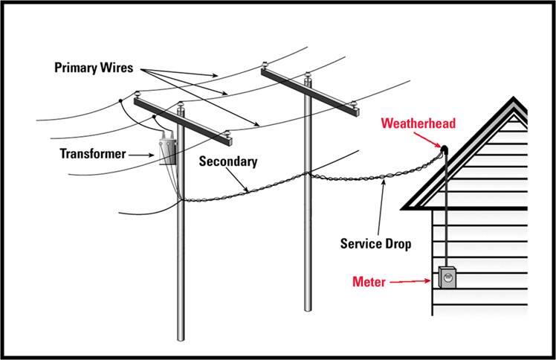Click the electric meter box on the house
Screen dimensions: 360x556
pos(447,278)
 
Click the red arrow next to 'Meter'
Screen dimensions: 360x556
pos(415,282)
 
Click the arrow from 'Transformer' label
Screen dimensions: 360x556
pos(141,154)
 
